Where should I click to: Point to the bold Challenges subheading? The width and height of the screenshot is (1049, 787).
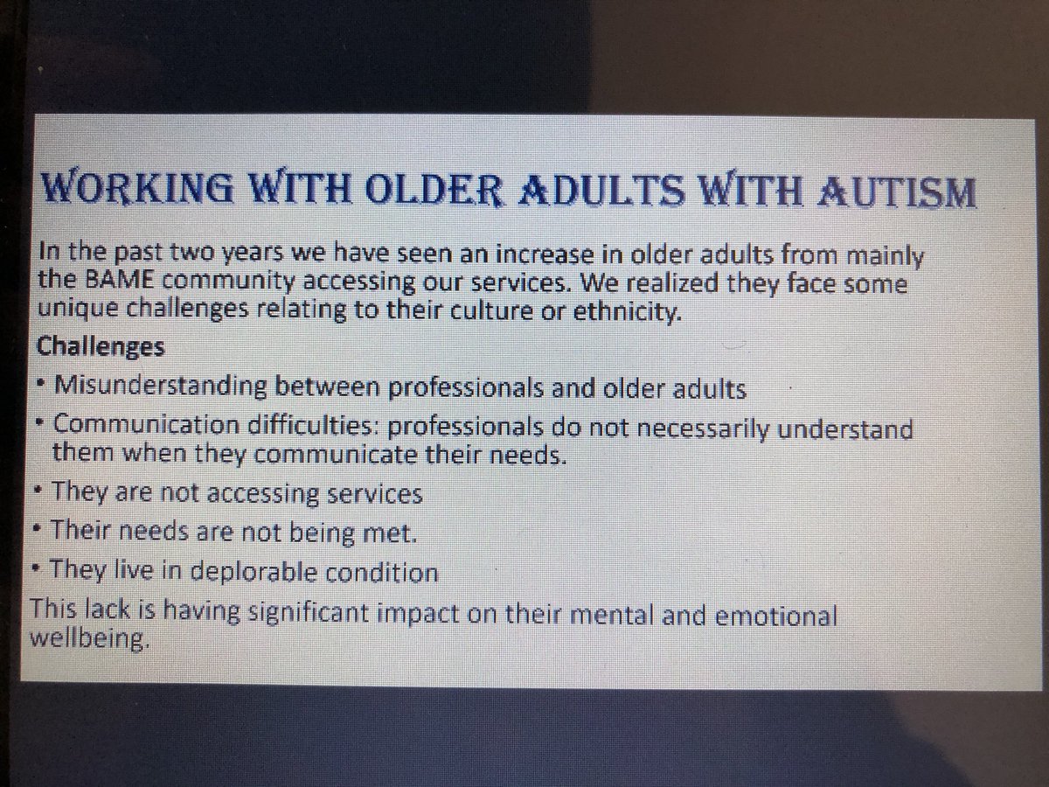coord(100,347)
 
